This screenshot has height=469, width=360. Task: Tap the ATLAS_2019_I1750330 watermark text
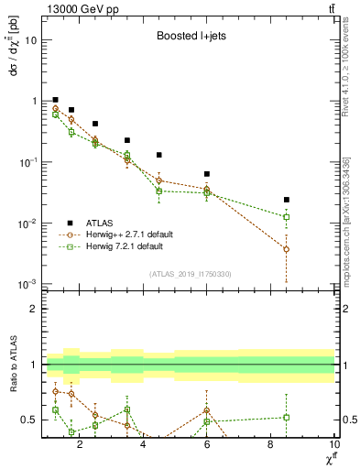tap(190, 275)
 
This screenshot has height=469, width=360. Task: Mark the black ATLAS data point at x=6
tap(207, 174)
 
